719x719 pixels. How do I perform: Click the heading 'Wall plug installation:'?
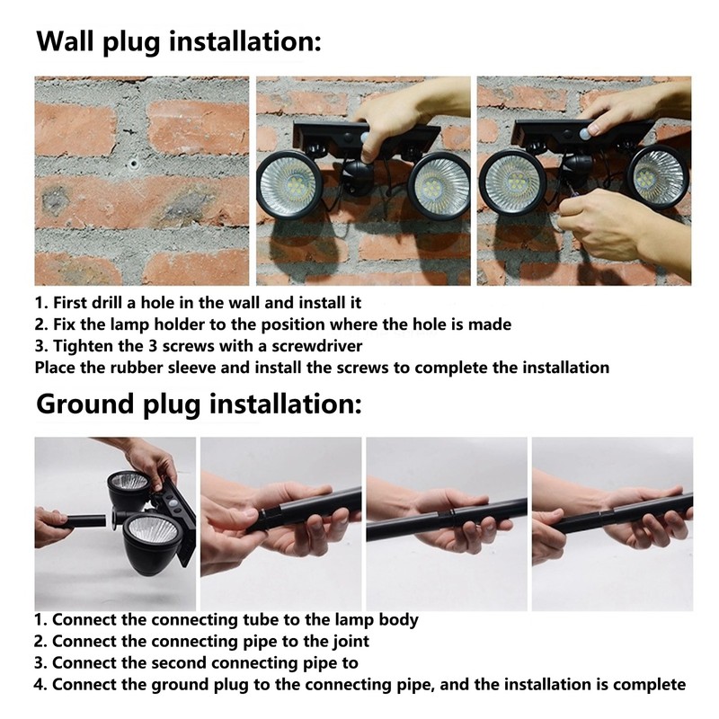[177, 41]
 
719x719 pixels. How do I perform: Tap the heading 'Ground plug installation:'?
[198, 404]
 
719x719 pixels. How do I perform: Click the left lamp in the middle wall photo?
[289, 183]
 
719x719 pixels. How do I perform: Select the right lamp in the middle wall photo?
[439, 185]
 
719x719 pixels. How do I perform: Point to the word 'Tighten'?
[83, 345]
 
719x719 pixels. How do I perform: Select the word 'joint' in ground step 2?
[347, 641]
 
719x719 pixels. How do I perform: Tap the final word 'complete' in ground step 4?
[652, 685]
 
